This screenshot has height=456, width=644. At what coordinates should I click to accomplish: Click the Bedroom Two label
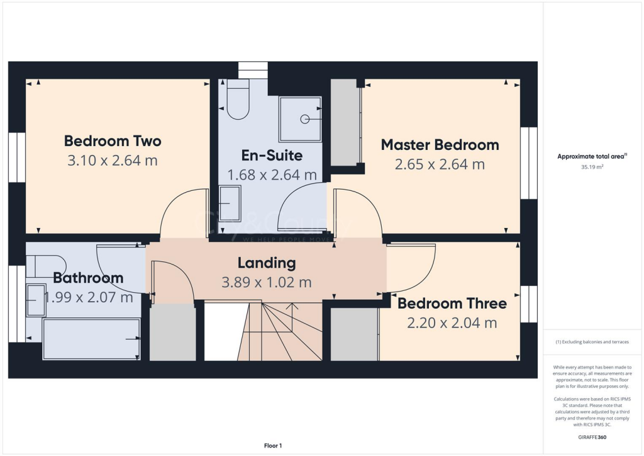pyautogui.click(x=113, y=141)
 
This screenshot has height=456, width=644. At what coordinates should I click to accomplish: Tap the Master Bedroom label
pyautogui.click(x=440, y=145)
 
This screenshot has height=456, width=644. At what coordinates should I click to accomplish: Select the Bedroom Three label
pyautogui.click(x=452, y=304)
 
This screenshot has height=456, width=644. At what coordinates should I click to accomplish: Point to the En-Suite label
pyautogui.click(x=272, y=155)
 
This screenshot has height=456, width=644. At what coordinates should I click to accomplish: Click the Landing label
pyautogui.click(x=266, y=263)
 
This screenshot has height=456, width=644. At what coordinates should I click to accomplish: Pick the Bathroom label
pyautogui.click(x=88, y=278)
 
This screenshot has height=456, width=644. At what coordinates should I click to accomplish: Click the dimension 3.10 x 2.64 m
pyautogui.click(x=112, y=161)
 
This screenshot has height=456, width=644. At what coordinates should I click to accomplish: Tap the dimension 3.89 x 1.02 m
pyautogui.click(x=266, y=282)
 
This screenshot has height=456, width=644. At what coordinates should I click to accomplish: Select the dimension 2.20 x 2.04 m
pyautogui.click(x=452, y=323)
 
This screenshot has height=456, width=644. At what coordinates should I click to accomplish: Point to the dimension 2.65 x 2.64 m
pyautogui.click(x=440, y=164)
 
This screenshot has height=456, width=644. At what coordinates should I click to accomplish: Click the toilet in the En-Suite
pyautogui.click(x=238, y=101)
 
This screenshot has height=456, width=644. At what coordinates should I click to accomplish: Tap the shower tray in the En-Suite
pyautogui.click(x=300, y=118)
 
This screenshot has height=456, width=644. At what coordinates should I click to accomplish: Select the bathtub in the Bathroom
pyautogui.click(x=91, y=338)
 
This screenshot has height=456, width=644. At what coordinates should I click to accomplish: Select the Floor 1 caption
pyautogui.click(x=273, y=446)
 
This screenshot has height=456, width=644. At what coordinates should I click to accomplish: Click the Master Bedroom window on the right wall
pyautogui.click(x=529, y=162)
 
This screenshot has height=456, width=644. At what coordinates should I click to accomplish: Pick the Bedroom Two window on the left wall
pyautogui.click(x=16, y=157)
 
